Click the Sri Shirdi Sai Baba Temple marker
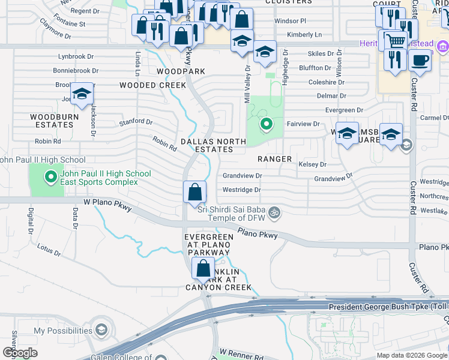coord(276,212)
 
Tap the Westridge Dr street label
coord(242,190)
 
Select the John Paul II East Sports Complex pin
coord(51,177)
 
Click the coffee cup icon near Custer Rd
coord(420,61)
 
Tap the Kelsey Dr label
coord(312,164)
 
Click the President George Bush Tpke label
coord(384,307)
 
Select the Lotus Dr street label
coord(49,250)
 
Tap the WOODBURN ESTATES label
coord(52,120)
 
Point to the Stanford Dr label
coord(136,122)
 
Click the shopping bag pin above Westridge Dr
coord(195,193)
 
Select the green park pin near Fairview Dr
coord(266,125)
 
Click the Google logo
coord(20,352)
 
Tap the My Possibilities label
coord(62,331)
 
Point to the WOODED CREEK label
coord(152,85)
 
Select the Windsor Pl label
coord(291,20)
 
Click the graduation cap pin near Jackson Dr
coord(82,94)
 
